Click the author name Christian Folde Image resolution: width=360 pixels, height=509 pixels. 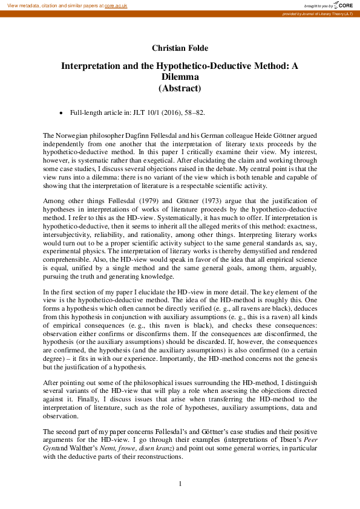tap(180, 48)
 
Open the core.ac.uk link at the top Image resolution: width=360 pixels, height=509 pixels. tap(116, 5)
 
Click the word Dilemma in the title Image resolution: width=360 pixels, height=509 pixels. tap(180, 77)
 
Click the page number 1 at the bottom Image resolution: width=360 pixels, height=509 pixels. tap(180, 484)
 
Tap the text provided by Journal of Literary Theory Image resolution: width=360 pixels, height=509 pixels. tap(319, 13)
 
